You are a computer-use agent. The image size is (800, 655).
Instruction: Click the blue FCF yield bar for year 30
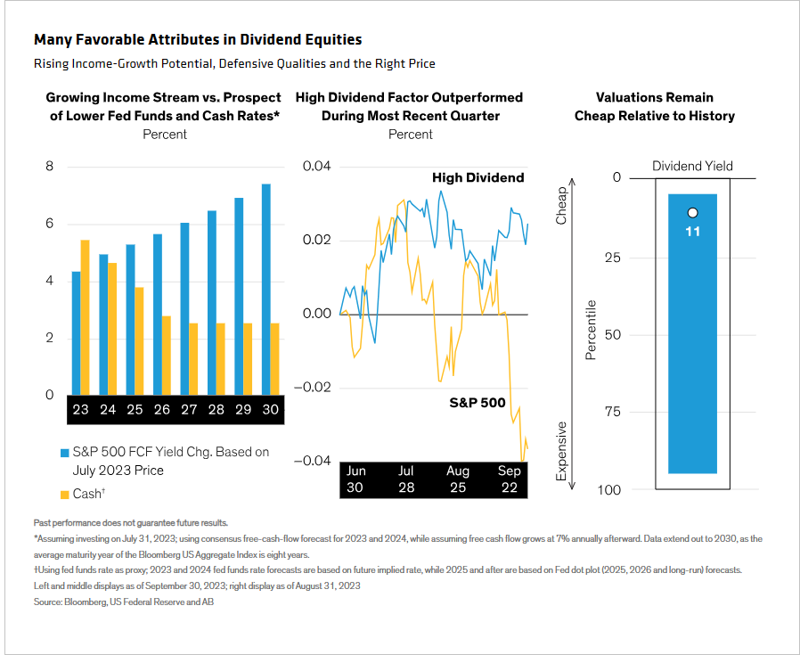coord(265,289)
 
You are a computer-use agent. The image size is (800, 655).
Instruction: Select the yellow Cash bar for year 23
coord(86,317)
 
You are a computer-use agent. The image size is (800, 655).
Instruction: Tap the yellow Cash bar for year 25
coord(139,341)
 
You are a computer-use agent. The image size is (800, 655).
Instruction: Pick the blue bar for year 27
coord(184,308)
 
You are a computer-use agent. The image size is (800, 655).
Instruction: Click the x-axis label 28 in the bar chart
coord(216,409)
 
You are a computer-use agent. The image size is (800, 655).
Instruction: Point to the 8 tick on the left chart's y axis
coord(49,166)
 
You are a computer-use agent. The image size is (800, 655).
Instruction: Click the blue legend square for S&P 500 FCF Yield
coord(65,453)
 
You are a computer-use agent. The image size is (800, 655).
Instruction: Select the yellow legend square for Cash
coord(65,495)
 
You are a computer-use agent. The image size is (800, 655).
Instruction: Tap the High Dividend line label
coord(478,177)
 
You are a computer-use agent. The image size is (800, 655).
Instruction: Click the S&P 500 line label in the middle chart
coord(477,403)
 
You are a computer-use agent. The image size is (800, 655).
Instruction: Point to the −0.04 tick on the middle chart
coord(312,461)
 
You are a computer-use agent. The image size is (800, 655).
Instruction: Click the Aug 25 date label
coord(458,479)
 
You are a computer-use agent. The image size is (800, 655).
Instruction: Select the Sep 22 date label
coord(510,479)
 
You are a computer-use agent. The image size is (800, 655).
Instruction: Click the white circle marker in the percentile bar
coord(692,213)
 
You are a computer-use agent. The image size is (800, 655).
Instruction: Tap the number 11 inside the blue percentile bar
coord(692,232)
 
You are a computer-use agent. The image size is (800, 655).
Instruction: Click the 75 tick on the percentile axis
coord(613,412)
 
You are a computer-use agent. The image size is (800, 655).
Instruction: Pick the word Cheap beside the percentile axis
coord(562,206)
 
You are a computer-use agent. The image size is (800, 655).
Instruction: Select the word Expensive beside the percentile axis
coord(562,451)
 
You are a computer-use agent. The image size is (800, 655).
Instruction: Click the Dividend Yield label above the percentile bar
coord(692,166)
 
